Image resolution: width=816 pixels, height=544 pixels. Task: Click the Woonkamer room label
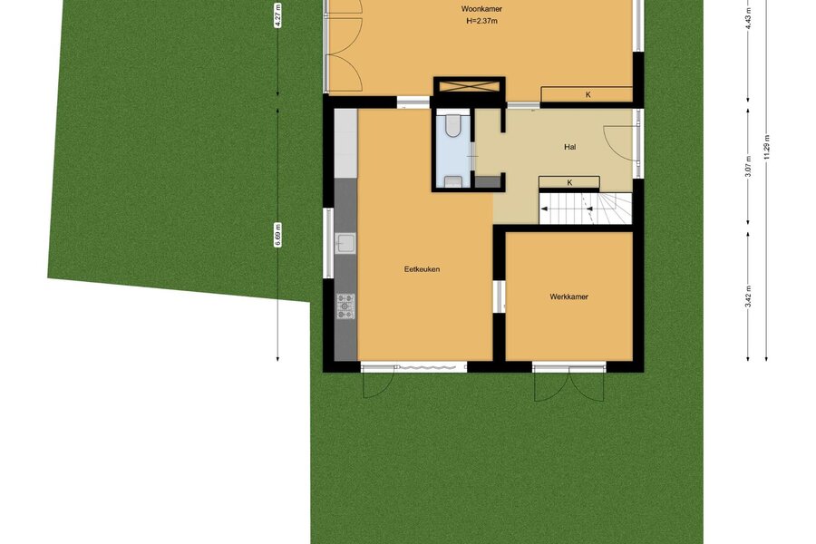(x=481, y=9)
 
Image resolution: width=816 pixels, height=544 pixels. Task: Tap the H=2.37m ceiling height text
(x=481, y=22)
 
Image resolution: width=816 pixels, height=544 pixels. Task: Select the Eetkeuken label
(x=422, y=269)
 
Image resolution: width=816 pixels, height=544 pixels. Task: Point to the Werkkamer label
(x=568, y=296)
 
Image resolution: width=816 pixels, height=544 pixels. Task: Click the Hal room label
(x=570, y=147)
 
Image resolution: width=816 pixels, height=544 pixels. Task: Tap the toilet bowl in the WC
(x=453, y=125)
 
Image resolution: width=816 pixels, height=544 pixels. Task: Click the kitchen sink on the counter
(x=345, y=243)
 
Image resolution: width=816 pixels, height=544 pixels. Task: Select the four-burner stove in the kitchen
(x=345, y=306)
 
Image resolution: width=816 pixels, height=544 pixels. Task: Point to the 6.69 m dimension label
(x=278, y=235)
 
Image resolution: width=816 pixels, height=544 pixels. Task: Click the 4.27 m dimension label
(x=278, y=15)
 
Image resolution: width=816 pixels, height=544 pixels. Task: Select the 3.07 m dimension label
(x=748, y=167)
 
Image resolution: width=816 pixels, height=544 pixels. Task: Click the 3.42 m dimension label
(x=748, y=296)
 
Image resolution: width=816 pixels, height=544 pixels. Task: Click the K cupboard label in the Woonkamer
(x=588, y=94)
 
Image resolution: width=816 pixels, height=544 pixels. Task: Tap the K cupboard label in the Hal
(x=570, y=183)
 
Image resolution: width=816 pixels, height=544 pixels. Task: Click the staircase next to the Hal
(x=586, y=209)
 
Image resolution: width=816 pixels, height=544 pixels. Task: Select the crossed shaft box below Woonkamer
(x=470, y=86)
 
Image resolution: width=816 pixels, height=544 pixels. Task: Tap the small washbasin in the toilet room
(x=454, y=181)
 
